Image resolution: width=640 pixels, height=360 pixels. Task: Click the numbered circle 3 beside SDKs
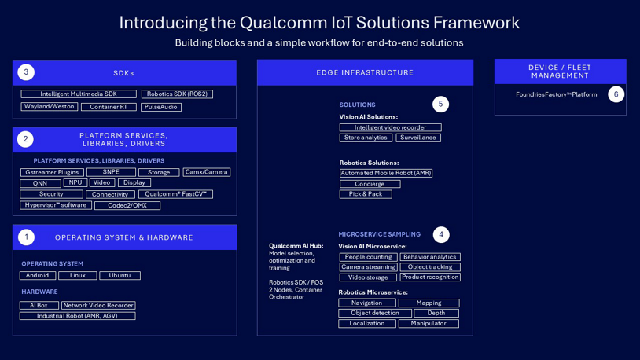pyautogui.click(x=26, y=72)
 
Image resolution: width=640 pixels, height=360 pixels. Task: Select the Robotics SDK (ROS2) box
pyautogui.click(x=177, y=94)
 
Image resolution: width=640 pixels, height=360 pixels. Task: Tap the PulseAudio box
pyautogui.click(x=161, y=107)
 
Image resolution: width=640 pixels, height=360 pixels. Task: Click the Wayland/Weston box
pyautogui.click(x=49, y=107)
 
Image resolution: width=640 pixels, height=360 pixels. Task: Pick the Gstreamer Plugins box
pyautogui.click(x=52, y=172)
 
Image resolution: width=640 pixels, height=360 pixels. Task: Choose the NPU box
pyautogui.click(x=75, y=182)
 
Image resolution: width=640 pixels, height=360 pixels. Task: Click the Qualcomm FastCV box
pyautogui.click(x=175, y=194)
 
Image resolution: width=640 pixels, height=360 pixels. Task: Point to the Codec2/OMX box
pyautogui.click(x=127, y=205)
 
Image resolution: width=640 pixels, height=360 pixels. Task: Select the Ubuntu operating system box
pyautogui.click(x=120, y=276)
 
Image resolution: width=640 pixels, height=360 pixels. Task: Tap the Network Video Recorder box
pyautogui.click(x=98, y=306)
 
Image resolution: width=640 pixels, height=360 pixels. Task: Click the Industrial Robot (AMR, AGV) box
pyautogui.click(x=77, y=316)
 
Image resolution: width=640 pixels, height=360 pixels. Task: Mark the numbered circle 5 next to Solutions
pyautogui.click(x=440, y=104)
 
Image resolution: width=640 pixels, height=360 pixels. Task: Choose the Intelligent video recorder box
pyautogui.click(x=390, y=127)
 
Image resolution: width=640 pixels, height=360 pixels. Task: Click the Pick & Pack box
pyautogui.click(x=366, y=194)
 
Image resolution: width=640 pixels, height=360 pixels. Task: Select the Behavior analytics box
pyautogui.click(x=430, y=257)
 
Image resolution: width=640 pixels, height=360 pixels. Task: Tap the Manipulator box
pyautogui.click(x=429, y=323)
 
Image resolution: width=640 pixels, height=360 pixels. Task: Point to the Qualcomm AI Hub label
pyautogui.click(x=296, y=246)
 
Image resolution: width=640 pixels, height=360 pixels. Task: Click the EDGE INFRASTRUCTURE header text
pyautogui.click(x=365, y=72)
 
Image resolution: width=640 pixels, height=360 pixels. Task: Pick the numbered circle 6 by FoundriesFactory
pyautogui.click(x=616, y=94)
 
